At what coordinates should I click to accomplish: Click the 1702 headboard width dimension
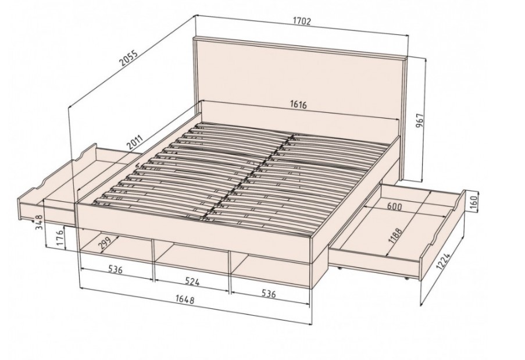tap(302, 21)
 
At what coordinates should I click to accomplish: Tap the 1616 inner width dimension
tap(298, 105)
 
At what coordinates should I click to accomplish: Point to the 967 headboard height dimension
tap(420, 120)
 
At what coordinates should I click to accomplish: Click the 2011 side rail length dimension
tap(135, 142)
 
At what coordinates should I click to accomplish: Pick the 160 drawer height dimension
tap(473, 202)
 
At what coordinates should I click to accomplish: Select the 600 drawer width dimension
tap(394, 206)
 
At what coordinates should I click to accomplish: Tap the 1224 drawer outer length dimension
tap(444, 261)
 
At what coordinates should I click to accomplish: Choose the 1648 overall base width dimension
tap(184, 299)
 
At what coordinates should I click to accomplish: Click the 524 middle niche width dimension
tap(192, 281)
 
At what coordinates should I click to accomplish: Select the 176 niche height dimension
tap(60, 238)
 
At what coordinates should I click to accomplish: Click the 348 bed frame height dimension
tap(39, 222)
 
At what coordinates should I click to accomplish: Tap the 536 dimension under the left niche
tap(116, 269)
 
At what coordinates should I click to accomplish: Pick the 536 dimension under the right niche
tap(269, 294)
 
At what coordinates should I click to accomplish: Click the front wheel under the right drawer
tap(406, 277)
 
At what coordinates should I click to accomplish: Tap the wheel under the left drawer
tap(33, 220)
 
